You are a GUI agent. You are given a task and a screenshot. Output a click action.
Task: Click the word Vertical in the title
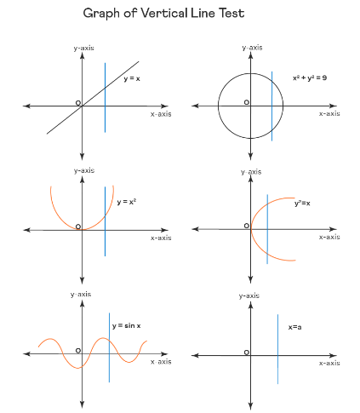click(164, 13)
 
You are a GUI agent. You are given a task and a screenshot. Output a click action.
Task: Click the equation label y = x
click(132, 78)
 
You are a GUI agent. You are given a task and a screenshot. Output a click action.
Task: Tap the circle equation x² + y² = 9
click(310, 77)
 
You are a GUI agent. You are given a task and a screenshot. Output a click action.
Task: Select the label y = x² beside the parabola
click(127, 202)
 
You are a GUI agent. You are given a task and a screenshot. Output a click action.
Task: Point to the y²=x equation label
click(302, 204)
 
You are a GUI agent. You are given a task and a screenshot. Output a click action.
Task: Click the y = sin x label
click(127, 325)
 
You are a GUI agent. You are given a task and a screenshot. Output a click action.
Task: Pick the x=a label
click(295, 327)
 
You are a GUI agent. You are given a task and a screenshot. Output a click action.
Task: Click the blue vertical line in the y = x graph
click(105, 98)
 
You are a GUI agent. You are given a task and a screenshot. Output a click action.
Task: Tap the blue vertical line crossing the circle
click(271, 106)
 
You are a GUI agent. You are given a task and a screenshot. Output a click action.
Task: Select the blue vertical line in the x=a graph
click(277, 349)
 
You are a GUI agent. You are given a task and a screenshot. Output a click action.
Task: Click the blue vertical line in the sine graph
click(109, 347)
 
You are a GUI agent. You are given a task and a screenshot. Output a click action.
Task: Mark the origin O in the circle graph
click(247, 102)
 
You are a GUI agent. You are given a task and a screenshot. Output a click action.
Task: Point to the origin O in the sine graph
click(78, 351)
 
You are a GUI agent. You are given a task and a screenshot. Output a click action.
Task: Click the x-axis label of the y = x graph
click(161, 114)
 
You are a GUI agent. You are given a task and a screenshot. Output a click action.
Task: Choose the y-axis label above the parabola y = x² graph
click(84, 170)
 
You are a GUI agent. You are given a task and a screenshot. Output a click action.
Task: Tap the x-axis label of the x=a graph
click(329, 363)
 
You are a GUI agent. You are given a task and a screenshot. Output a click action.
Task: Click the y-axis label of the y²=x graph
click(251, 172)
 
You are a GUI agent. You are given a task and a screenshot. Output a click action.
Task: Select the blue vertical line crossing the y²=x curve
click(267, 229)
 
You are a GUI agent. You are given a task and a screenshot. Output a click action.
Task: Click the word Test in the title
click(231, 13)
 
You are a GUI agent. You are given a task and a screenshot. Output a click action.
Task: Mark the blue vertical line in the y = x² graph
click(105, 221)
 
